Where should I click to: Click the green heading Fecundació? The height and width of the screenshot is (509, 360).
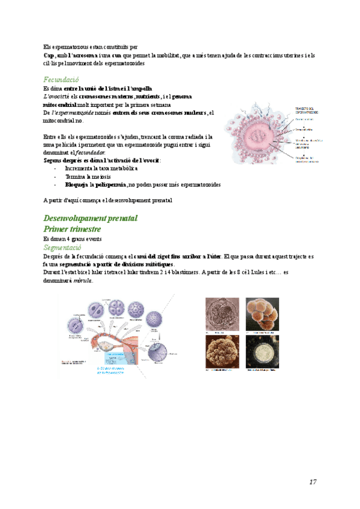pos(61,80)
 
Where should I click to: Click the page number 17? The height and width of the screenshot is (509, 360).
pos(313,482)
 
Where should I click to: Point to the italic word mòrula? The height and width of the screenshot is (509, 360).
pos(83,280)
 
